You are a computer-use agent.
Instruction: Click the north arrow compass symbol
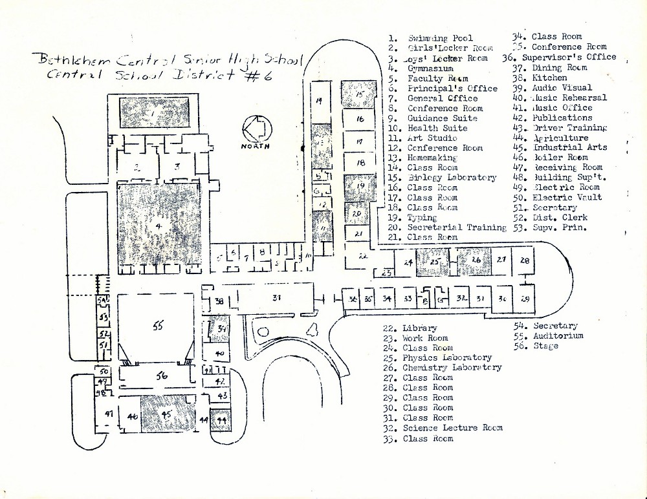[254, 129]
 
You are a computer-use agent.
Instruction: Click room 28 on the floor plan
[525, 261]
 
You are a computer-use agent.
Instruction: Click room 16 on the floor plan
[360, 119]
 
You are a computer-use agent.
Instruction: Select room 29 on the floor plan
[525, 299]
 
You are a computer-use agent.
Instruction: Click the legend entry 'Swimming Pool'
[440, 38]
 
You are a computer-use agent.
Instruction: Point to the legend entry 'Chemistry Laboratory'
[452, 368]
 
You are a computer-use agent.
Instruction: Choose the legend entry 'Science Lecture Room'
[452, 428]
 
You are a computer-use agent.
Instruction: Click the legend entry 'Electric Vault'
[567, 198]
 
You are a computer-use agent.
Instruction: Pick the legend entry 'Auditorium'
[558, 336]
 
